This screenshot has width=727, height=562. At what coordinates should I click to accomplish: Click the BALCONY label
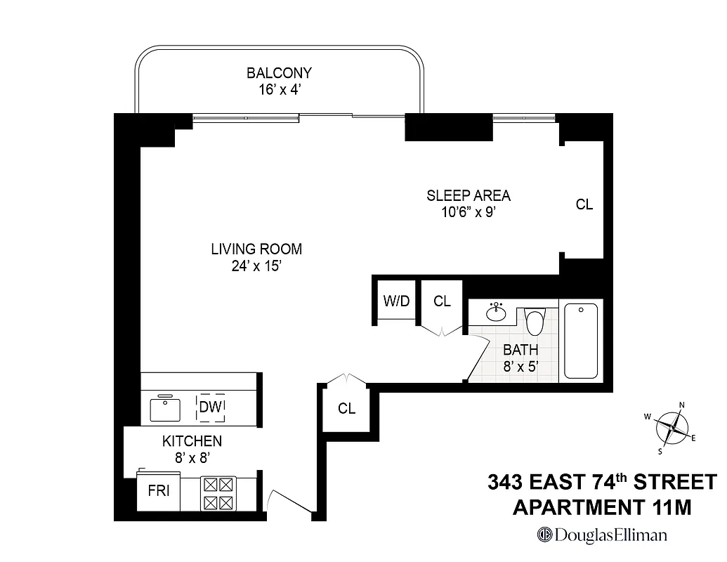click(279, 72)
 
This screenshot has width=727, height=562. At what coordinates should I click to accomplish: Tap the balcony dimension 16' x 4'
click(279, 89)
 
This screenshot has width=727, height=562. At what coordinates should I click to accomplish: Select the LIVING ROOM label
click(256, 249)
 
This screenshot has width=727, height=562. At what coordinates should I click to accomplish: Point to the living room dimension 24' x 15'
click(256, 266)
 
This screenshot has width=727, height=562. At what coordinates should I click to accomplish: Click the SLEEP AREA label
click(469, 195)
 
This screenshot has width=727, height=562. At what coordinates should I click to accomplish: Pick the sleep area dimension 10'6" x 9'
click(469, 212)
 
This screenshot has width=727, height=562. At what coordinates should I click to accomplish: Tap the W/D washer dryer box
click(395, 301)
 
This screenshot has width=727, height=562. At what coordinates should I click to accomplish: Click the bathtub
click(581, 341)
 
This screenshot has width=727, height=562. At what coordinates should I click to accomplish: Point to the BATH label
click(520, 349)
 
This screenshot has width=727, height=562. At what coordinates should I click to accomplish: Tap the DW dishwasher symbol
click(211, 407)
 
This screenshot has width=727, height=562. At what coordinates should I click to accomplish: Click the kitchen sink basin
click(166, 408)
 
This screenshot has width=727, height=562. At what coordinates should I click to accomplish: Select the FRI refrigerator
click(159, 491)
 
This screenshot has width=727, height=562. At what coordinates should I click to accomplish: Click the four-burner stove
click(217, 493)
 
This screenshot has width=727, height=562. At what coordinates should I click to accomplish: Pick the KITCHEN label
click(192, 441)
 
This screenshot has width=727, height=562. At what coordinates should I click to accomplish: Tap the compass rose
click(673, 426)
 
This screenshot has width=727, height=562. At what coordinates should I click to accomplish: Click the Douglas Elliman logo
click(602, 535)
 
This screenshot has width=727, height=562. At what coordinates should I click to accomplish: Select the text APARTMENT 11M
click(602, 507)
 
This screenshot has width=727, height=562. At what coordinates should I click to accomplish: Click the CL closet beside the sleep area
click(584, 204)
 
